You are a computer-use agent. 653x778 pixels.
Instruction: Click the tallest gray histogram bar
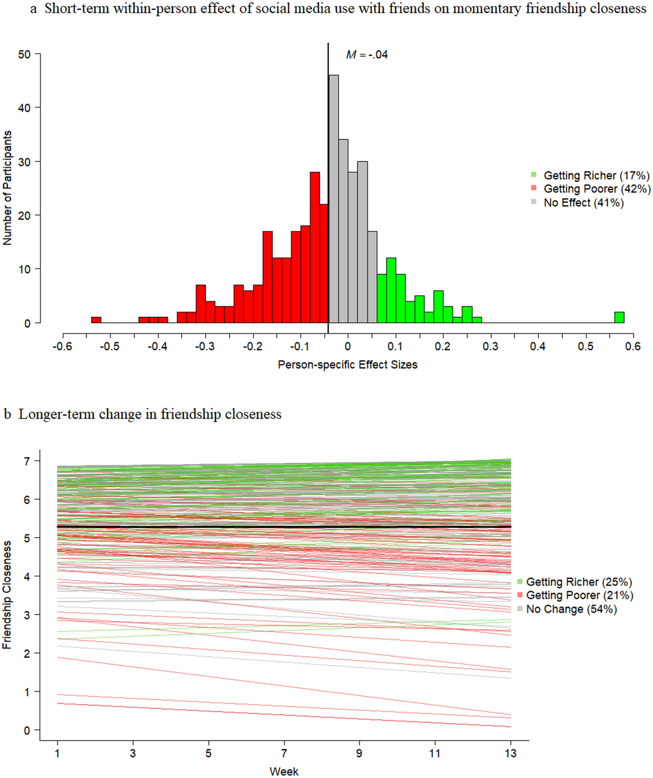point(333,199)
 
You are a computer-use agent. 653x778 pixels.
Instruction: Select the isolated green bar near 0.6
point(619,317)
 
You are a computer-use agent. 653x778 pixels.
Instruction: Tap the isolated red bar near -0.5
point(96,320)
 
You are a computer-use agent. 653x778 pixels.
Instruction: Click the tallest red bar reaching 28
point(315,247)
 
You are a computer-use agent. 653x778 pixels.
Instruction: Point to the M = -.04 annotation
point(367,54)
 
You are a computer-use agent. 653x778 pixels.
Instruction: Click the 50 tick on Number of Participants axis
point(24,54)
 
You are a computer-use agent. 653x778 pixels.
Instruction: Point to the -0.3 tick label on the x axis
point(205,347)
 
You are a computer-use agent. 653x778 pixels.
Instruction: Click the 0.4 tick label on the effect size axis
point(537,347)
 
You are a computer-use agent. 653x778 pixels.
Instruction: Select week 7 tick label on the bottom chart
point(284,753)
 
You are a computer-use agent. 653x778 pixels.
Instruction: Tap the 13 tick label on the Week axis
point(510,753)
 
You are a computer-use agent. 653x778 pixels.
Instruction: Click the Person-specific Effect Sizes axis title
point(347,365)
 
